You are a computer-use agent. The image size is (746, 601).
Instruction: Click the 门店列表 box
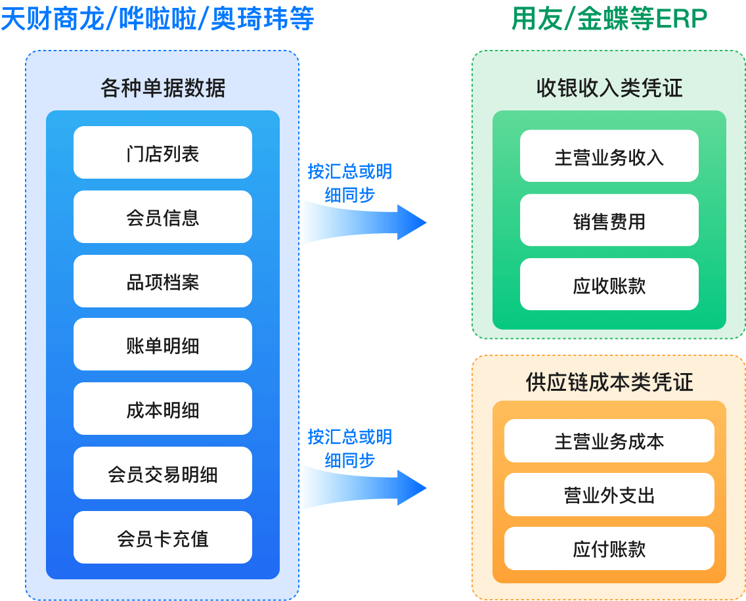(162, 153)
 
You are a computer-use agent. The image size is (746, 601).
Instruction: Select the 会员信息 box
(162, 217)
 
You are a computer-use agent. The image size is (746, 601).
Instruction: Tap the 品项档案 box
(162, 282)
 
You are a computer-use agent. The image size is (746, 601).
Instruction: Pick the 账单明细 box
(162, 345)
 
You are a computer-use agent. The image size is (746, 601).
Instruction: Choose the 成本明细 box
(162, 410)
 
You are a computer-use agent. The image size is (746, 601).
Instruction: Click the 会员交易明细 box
(162, 474)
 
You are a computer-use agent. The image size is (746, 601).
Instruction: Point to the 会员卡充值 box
(162, 538)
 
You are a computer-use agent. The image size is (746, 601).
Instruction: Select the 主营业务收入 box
(609, 157)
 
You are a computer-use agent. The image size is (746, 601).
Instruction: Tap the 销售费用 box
(609, 221)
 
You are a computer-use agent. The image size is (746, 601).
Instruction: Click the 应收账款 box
(609, 285)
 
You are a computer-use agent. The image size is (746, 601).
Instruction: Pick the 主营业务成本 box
(609, 441)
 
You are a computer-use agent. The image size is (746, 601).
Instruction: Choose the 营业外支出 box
(609, 495)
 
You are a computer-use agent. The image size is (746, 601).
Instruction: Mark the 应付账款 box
(609, 548)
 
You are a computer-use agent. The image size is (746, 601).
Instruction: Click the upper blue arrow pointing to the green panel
(364, 222)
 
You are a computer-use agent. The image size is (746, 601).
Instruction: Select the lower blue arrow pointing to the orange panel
(364, 487)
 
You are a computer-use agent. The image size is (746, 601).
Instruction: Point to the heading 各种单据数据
(162, 87)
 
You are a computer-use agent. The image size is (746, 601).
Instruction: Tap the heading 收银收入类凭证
(609, 87)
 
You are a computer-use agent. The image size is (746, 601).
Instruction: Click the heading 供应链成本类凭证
(609, 382)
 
